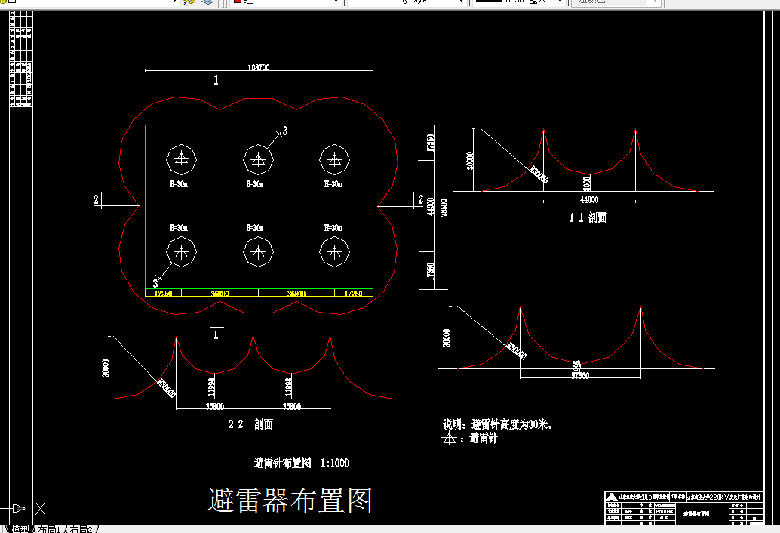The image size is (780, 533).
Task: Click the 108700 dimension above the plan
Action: pyautogui.click(x=258, y=67)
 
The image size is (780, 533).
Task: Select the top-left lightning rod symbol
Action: pyautogui.click(x=181, y=159)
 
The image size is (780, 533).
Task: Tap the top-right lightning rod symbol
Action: pyautogui.click(x=334, y=159)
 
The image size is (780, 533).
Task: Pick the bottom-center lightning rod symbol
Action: pyautogui.click(x=258, y=252)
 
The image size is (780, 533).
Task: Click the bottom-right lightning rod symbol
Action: pyautogui.click(x=334, y=252)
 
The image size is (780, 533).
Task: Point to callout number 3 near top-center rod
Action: pyautogui.click(x=284, y=131)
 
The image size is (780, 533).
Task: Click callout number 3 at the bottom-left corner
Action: pyautogui.click(x=155, y=282)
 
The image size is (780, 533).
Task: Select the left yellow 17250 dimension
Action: pyautogui.click(x=163, y=293)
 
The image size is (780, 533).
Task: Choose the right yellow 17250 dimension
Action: pyautogui.click(x=353, y=293)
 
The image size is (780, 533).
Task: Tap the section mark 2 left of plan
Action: pyautogui.click(x=96, y=199)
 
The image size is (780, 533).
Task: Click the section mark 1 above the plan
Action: pyautogui.click(x=216, y=80)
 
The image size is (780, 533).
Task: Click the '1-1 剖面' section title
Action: pyautogui.click(x=588, y=217)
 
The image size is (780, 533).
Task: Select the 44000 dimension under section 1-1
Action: pyautogui.click(x=588, y=200)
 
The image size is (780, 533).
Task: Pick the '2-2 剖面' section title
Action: pyautogui.click(x=250, y=424)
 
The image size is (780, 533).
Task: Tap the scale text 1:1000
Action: pyautogui.click(x=335, y=463)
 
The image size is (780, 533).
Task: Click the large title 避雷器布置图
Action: pyautogui.click(x=290, y=500)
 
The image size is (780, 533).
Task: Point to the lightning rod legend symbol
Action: pyautogui.click(x=450, y=438)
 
